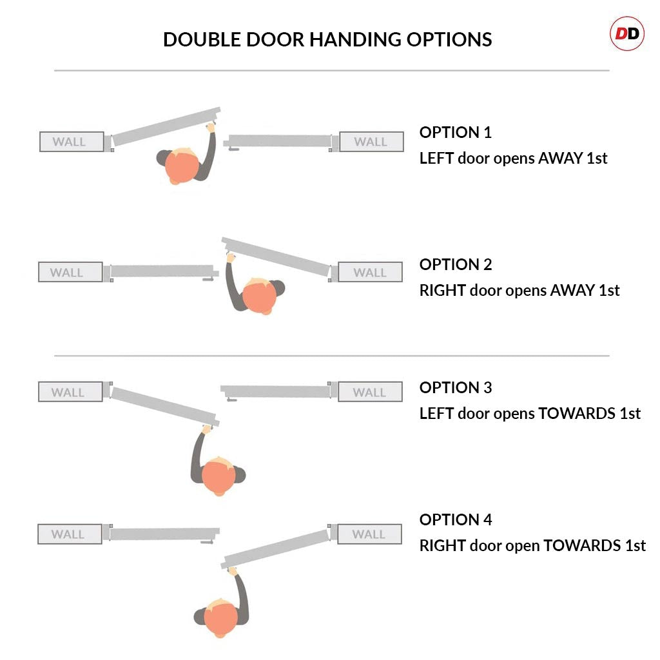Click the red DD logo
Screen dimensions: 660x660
[626, 34]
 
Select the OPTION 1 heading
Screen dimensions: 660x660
[455, 133]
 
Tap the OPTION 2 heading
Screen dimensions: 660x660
[455, 265]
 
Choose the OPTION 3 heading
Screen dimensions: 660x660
[455, 388]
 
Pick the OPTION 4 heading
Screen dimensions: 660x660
[455, 520]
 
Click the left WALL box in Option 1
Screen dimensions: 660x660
[71, 142]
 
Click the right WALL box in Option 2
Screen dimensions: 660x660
[370, 273]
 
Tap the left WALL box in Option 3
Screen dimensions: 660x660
[69, 392]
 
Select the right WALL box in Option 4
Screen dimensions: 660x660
[369, 534]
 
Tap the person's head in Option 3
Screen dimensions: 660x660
[218, 476]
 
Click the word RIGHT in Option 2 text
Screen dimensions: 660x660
[442, 291]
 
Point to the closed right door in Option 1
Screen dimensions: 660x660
[278, 141]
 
